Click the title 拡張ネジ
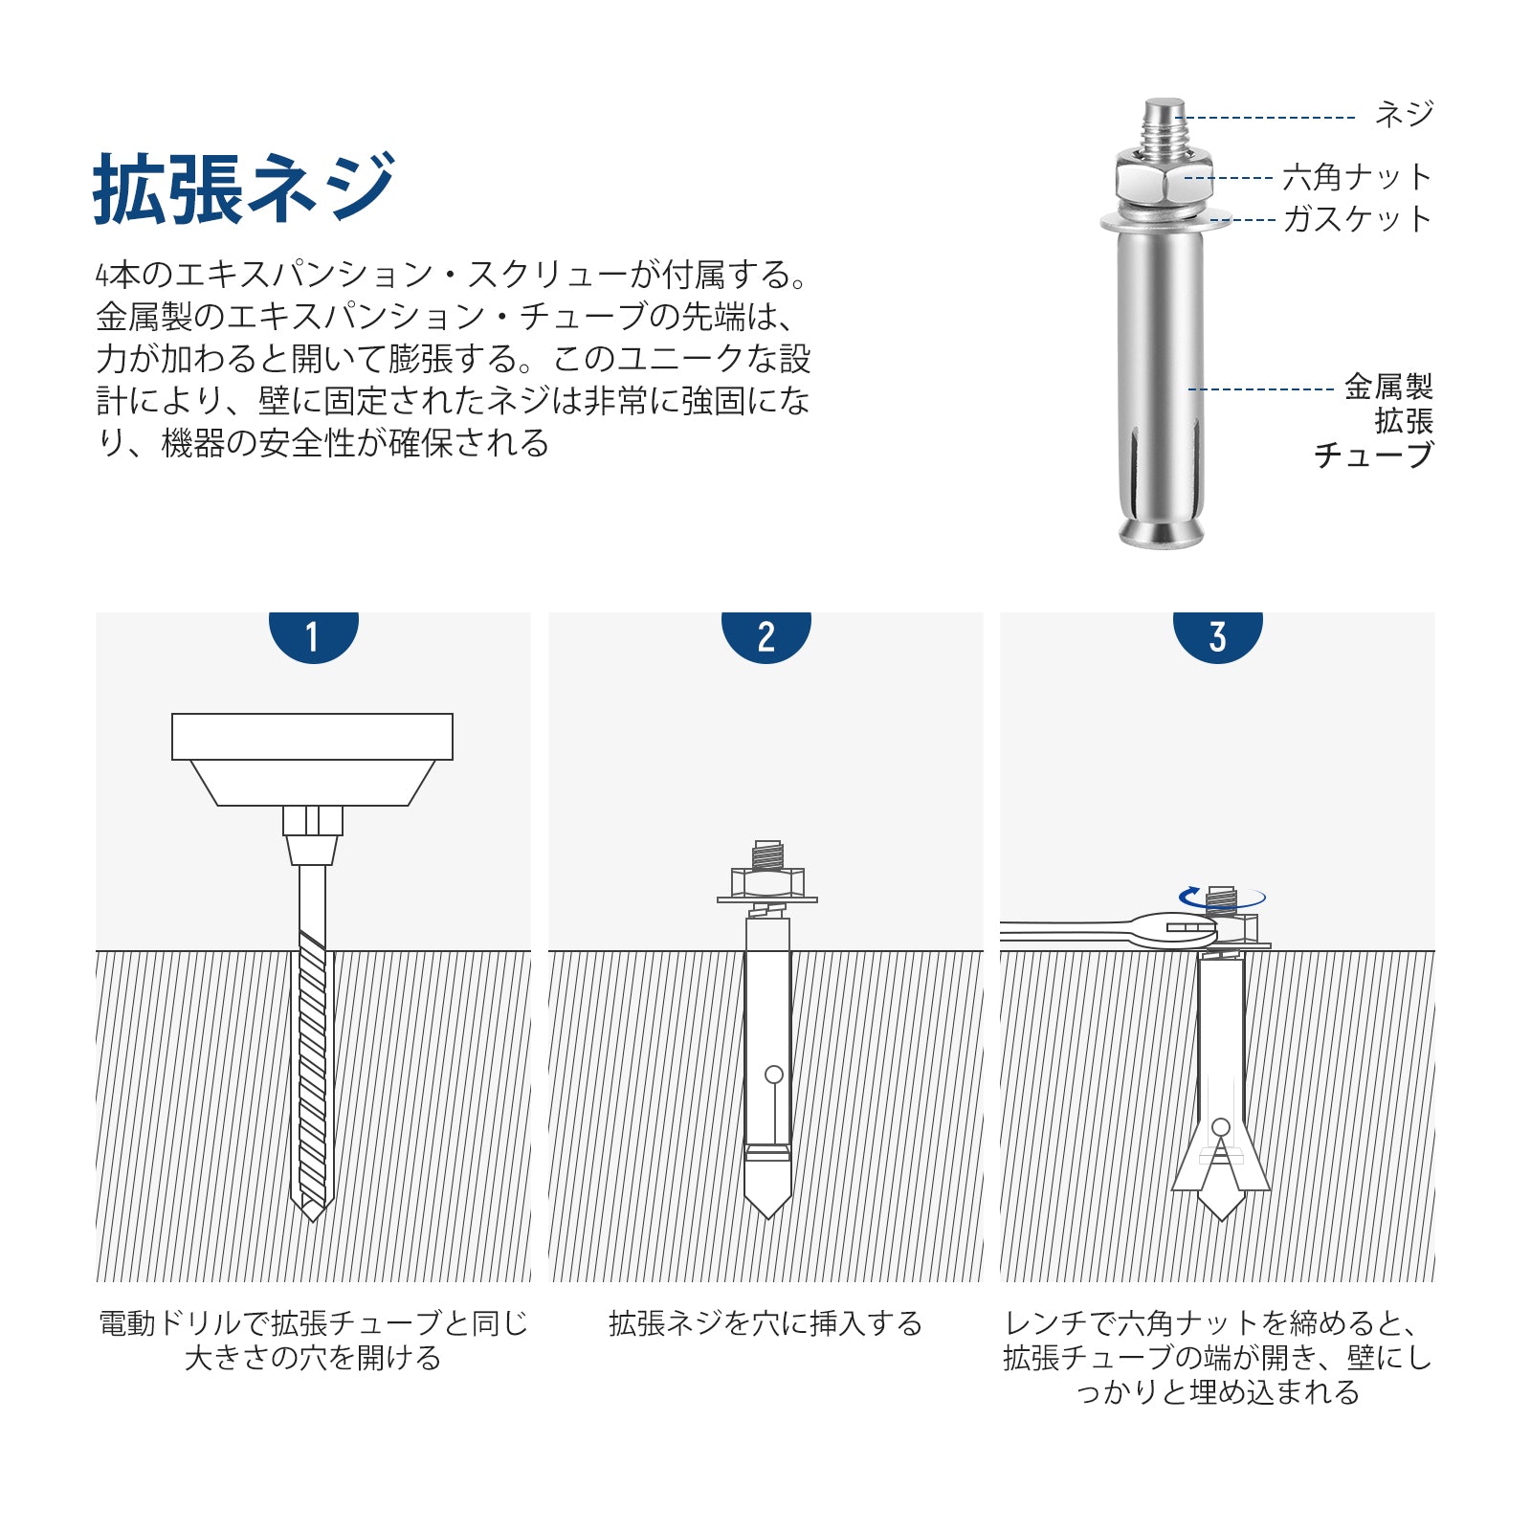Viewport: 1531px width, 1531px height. click(x=244, y=188)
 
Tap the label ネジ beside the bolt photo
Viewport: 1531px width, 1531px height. click(x=1404, y=115)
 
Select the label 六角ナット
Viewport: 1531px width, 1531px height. click(x=1357, y=177)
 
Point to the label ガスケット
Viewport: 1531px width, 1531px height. click(x=1357, y=219)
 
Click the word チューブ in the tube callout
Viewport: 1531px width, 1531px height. click(x=1373, y=455)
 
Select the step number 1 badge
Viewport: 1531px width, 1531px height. click(x=313, y=635)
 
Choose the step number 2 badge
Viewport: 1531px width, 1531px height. click(x=765, y=635)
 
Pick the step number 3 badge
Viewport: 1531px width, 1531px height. click(x=1217, y=635)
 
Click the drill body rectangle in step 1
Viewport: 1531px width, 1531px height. click(x=312, y=737)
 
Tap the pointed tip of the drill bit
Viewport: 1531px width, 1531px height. click(x=312, y=1221)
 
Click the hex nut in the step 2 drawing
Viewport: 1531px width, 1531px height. click(x=767, y=881)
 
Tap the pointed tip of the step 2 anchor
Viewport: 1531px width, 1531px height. click(x=767, y=1217)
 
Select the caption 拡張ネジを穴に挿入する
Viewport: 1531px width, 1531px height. click(x=765, y=1323)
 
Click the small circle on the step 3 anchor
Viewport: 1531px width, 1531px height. click(x=1220, y=1127)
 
